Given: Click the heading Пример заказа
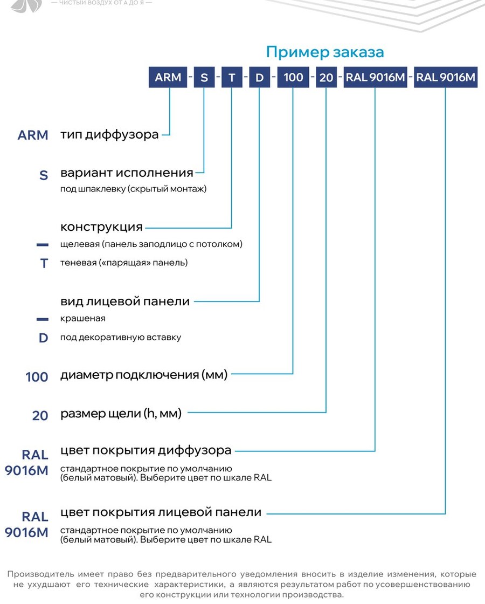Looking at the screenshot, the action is (325, 52).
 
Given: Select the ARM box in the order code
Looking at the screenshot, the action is (168, 77).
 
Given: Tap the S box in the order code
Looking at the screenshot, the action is (204, 77).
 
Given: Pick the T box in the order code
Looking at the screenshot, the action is (232, 77).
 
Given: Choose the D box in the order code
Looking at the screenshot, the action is (259, 77).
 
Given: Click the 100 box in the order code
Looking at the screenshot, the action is (293, 77).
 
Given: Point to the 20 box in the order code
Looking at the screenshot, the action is (326, 77).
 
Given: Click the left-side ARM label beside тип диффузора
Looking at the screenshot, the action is (33, 135).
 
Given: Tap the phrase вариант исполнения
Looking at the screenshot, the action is (127, 173).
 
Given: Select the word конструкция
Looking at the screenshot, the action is (102, 227).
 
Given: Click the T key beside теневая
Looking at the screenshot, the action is (44, 264).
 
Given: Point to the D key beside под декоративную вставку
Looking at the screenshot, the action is (44, 338).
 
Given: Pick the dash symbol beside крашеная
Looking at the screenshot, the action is (43, 319).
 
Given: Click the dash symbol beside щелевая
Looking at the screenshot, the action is (43, 245).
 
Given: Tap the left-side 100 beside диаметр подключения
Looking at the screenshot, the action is (37, 377).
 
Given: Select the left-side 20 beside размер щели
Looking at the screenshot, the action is (40, 415).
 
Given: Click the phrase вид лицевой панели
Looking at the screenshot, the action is (125, 301).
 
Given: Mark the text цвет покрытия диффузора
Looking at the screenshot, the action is (146, 450).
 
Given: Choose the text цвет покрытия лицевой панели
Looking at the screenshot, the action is (161, 512).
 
